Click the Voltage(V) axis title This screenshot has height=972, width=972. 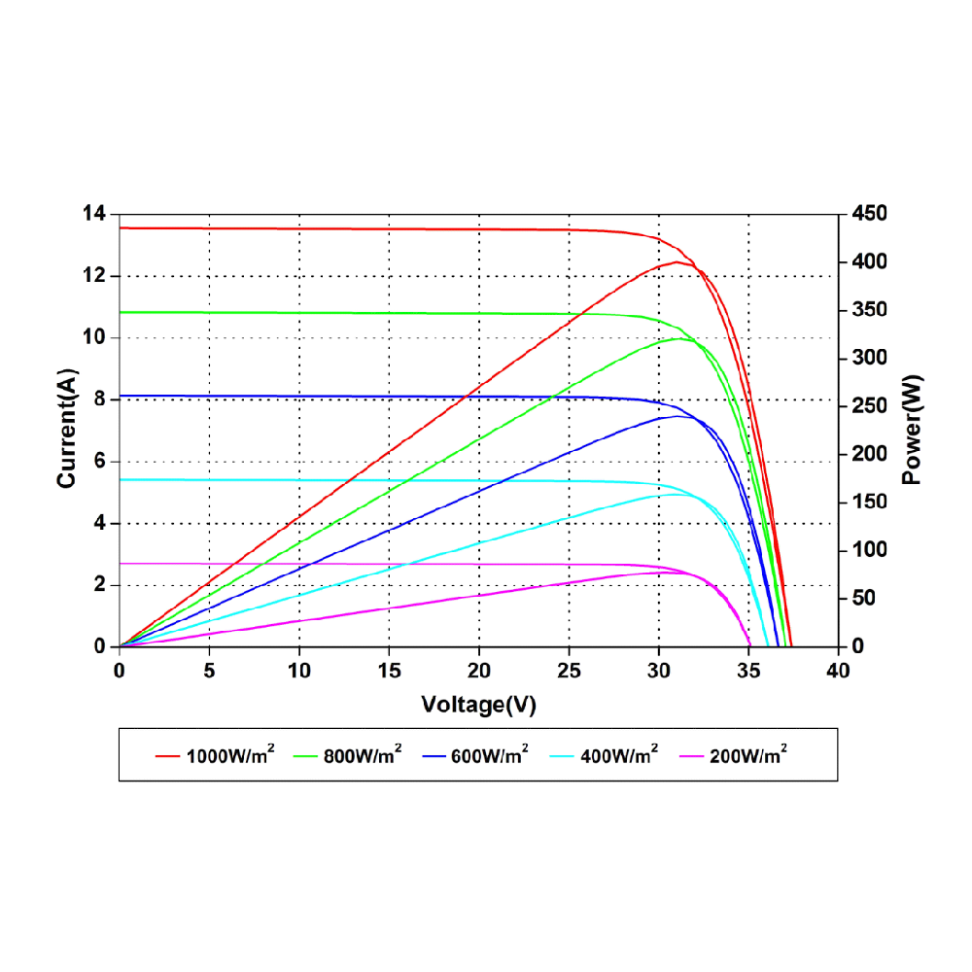(478, 705)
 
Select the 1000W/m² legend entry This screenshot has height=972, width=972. (230, 754)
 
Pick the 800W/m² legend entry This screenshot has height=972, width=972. (363, 754)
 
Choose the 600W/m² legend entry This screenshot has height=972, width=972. (490, 754)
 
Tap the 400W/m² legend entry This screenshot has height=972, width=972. (619, 754)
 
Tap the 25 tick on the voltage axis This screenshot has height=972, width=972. (569, 671)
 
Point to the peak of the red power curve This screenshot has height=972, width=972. (676, 261)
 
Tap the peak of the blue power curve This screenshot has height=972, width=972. (677, 416)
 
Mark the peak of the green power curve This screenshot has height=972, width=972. (678, 338)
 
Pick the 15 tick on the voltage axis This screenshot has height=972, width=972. (389, 671)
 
